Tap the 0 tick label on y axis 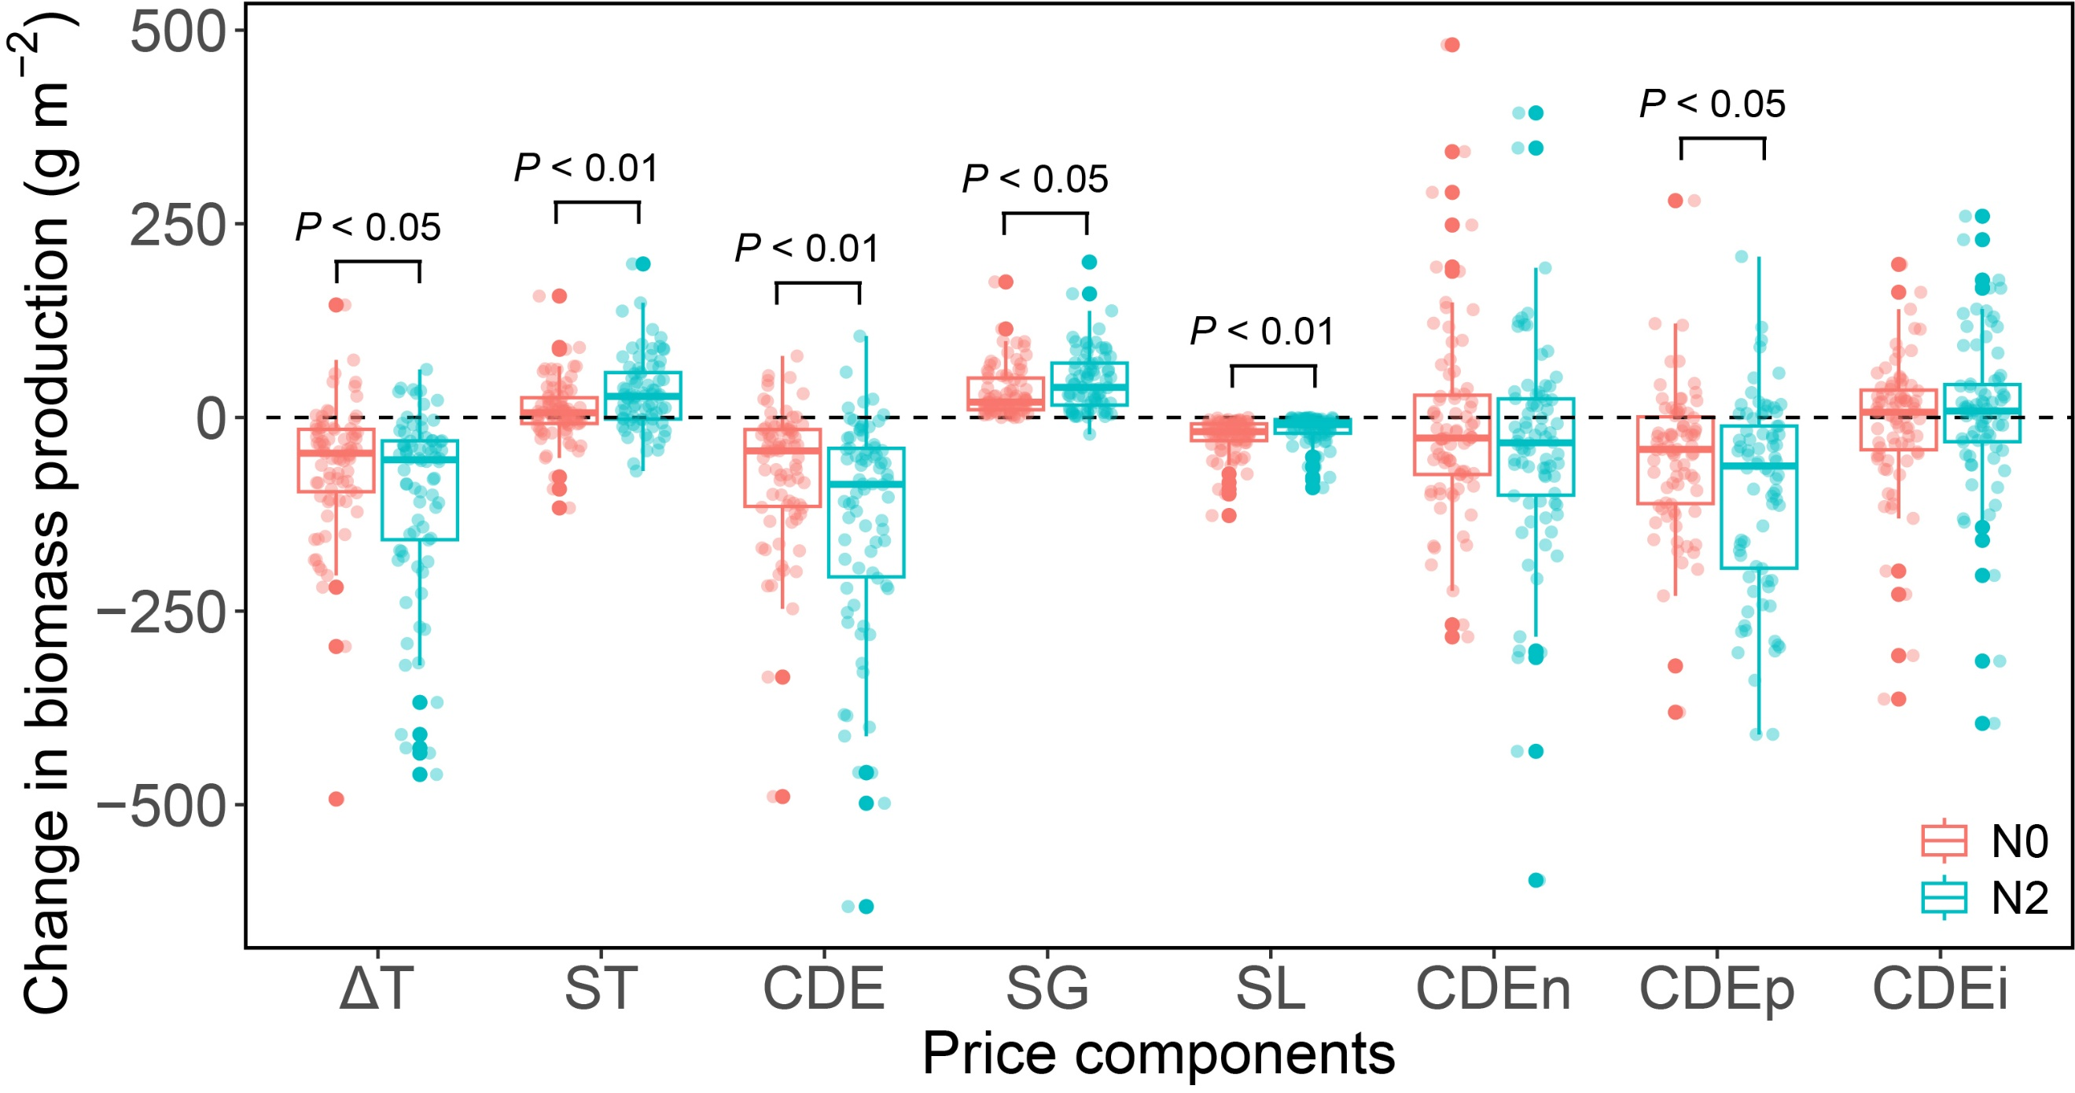tap(212, 420)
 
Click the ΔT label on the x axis tap(377, 988)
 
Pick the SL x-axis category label tap(1271, 988)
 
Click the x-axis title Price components tap(1158, 1054)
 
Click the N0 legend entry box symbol tap(1944, 841)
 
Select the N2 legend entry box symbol tap(1944, 897)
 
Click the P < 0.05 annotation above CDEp tap(1713, 105)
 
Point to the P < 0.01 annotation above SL tap(1262, 332)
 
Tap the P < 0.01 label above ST tap(587, 168)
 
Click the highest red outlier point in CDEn tap(1451, 45)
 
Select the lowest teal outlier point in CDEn tap(1536, 881)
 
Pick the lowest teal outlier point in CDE tap(866, 907)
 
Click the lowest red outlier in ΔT tap(337, 799)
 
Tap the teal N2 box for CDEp tap(1759, 497)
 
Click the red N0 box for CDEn tap(1452, 435)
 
